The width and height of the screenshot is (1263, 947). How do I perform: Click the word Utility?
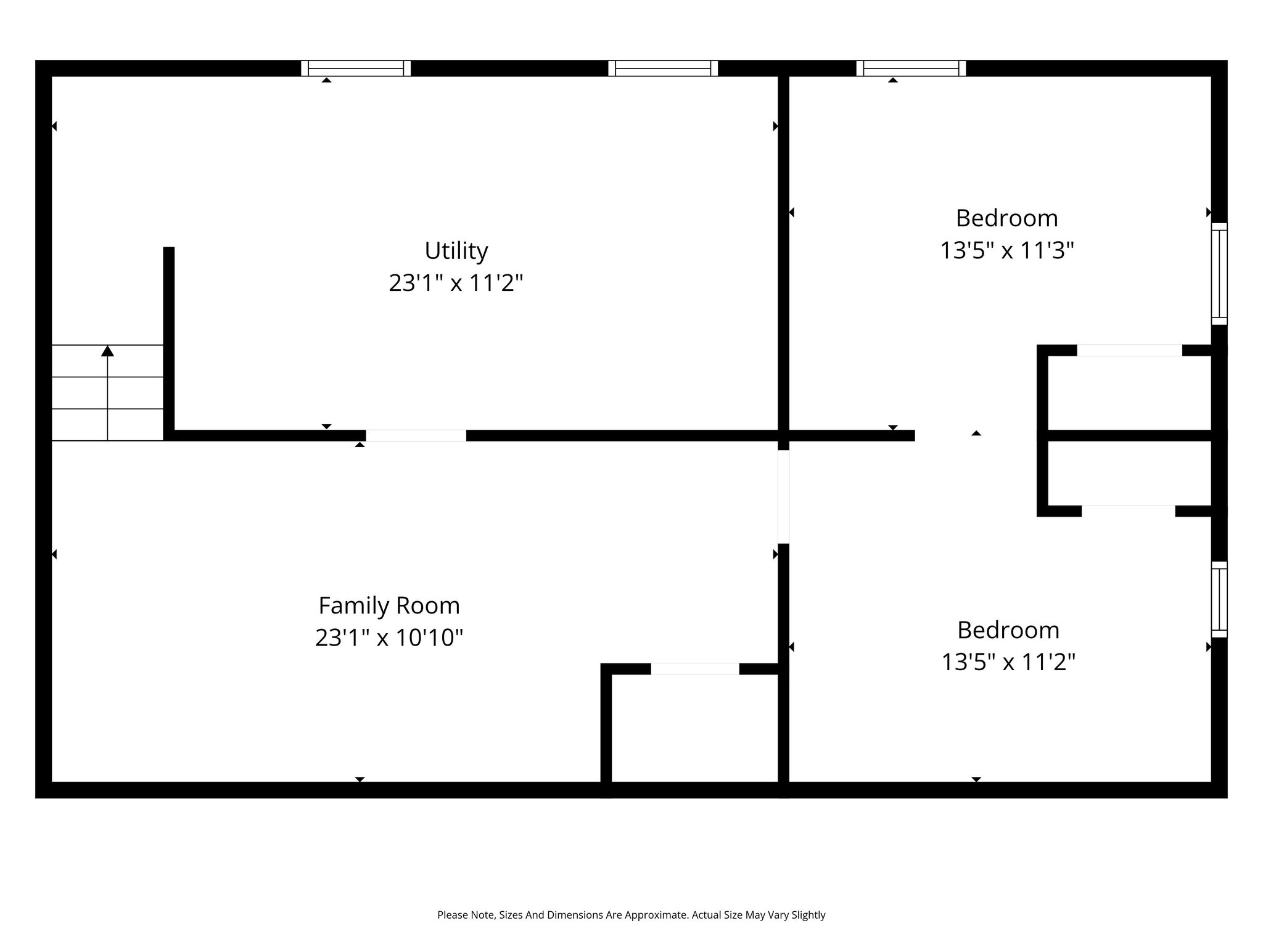(x=456, y=251)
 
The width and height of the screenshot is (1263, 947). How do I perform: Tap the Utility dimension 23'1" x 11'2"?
(x=456, y=283)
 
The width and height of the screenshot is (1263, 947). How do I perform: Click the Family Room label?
(x=389, y=606)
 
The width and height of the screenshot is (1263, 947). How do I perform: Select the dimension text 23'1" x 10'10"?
(x=389, y=637)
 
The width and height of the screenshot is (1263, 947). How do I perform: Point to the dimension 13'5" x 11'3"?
(x=1007, y=250)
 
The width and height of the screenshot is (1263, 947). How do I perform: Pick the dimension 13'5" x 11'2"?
(x=1008, y=662)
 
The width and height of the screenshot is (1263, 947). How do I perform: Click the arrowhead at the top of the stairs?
(x=108, y=351)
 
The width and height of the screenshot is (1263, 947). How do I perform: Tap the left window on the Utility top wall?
(x=356, y=68)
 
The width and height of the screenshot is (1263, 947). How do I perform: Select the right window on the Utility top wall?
(x=663, y=68)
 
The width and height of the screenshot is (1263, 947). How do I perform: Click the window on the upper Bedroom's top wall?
(x=911, y=68)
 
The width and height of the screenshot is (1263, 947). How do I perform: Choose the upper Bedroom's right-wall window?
(x=1219, y=274)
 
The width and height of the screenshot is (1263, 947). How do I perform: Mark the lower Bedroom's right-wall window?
(x=1219, y=599)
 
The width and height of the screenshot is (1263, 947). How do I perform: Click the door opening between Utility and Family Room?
(x=416, y=435)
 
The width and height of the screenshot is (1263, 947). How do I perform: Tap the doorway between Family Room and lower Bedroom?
(x=784, y=497)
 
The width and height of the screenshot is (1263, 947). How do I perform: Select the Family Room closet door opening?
(x=695, y=669)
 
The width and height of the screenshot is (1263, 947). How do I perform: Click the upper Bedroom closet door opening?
(x=1129, y=350)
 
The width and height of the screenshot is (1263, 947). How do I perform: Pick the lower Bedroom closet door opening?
(x=1129, y=511)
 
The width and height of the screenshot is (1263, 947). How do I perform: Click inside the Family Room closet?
(x=694, y=728)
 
